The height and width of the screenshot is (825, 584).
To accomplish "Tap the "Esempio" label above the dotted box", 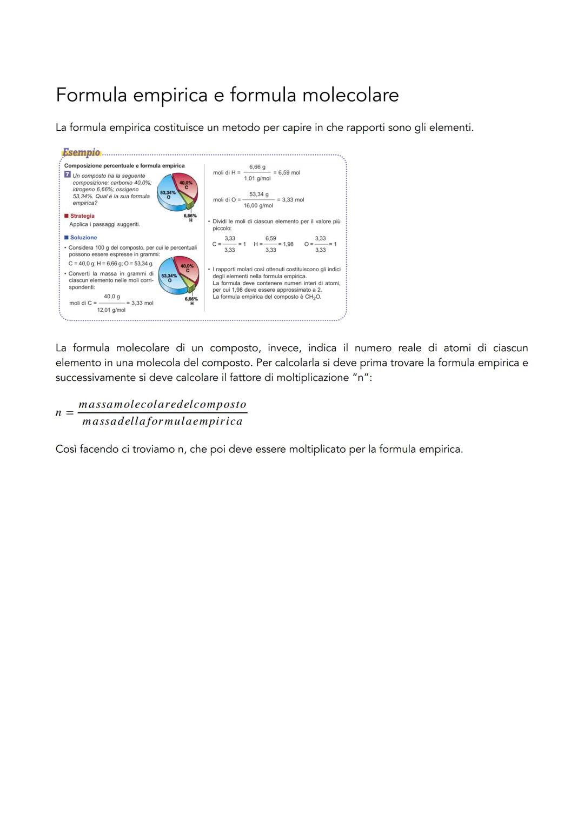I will pos(81,152).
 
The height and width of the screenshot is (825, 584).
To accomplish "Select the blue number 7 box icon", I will pos(67,175).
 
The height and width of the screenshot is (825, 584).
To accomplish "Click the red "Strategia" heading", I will pos(82,216).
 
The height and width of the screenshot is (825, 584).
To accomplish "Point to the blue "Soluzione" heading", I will pos(83,238).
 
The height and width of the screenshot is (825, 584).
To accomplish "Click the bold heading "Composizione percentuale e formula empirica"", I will pos(124,166).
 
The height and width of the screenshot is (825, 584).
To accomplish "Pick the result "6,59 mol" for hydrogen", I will pos(289,173).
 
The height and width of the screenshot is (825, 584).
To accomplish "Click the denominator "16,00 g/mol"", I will pos(258,206).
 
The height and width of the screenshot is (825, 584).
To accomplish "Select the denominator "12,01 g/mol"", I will pos(111,310).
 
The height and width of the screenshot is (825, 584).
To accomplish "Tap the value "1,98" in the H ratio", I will pos(288,244).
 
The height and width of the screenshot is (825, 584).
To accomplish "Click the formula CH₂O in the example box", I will pos(313,297).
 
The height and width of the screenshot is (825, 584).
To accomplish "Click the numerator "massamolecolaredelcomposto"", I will pos(162,404).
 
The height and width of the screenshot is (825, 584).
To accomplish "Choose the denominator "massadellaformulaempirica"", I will pos(162,421).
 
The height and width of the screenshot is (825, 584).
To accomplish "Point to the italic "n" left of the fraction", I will pos(58,413).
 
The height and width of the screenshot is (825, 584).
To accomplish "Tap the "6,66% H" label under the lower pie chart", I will pos(191,301).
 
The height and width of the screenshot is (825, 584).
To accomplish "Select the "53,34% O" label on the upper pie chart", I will pos(168,194).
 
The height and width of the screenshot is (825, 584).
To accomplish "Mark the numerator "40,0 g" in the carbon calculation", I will pos(112,297).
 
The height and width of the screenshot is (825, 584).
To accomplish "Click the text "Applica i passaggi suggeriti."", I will pos(104,224).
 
